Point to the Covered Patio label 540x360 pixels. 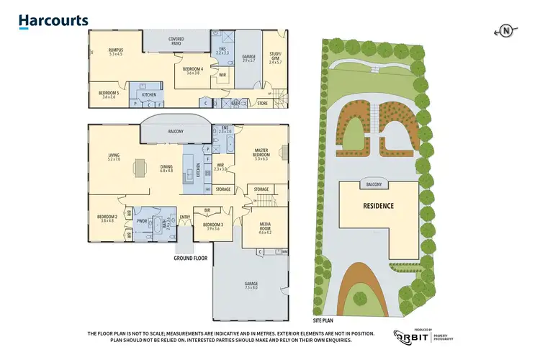point(176,41)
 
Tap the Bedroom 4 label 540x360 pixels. point(193,71)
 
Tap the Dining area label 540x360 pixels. point(166,168)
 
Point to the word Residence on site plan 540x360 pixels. point(377,206)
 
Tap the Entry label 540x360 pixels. point(185,217)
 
